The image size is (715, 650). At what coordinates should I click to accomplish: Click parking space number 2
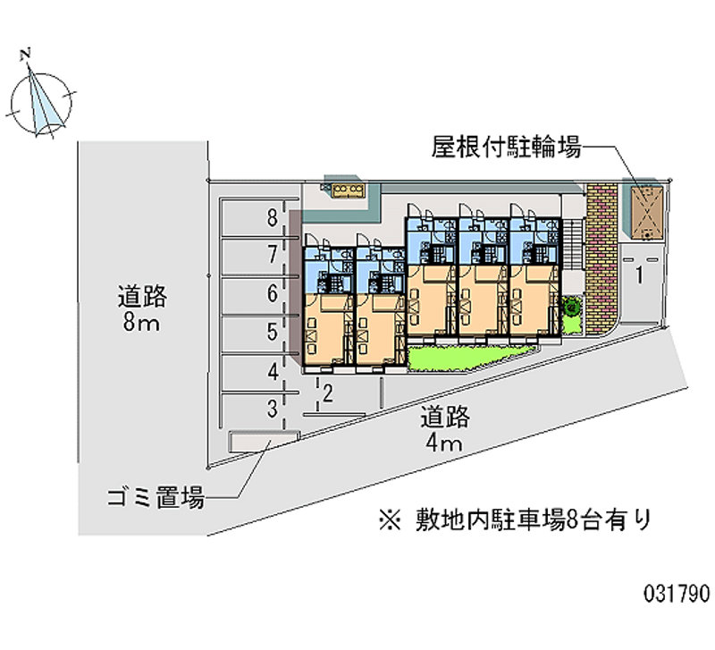tap(328, 392)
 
